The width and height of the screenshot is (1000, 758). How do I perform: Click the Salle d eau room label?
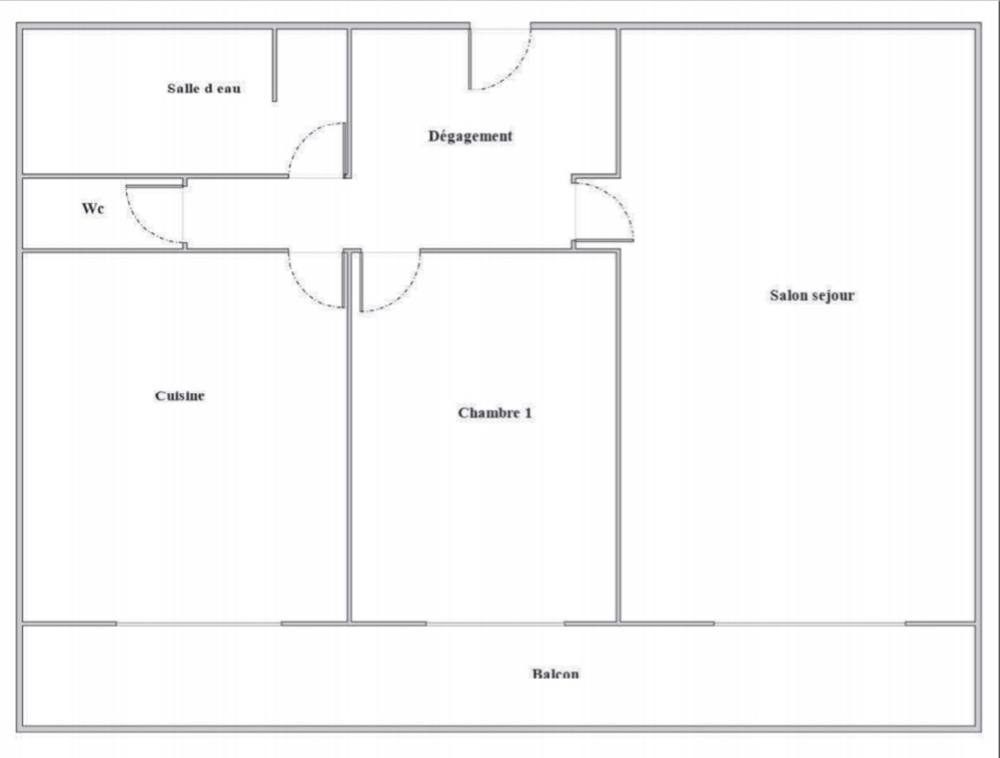[204, 89]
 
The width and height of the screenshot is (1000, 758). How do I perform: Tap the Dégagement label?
[470, 136]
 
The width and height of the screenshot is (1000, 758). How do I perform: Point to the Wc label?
[92, 208]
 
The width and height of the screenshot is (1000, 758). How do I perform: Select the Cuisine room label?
[181, 396]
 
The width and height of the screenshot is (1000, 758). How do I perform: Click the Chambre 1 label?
[495, 413]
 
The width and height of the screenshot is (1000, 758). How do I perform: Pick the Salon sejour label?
[812, 296]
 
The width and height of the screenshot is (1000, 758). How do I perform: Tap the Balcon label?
[555, 674]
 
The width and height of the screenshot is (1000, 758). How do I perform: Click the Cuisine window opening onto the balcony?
[198, 623]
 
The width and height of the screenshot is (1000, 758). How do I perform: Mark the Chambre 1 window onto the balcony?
[495, 623]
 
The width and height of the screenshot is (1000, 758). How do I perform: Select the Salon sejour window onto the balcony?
[809, 623]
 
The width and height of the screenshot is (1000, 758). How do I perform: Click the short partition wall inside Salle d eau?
[275, 65]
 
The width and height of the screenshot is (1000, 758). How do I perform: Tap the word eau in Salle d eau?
[228, 89]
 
